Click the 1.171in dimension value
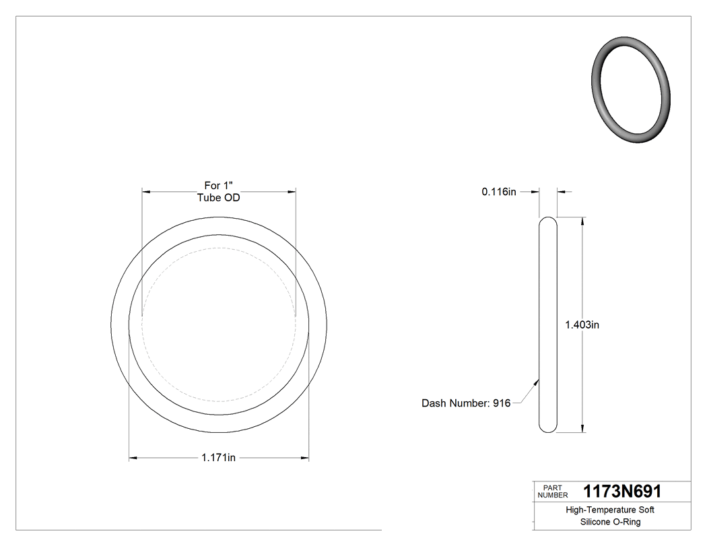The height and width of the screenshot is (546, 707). (x=218, y=458)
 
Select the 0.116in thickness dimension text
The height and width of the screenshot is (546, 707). (x=499, y=192)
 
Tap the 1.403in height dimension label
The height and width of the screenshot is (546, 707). (x=582, y=325)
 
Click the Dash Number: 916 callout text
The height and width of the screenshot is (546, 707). (x=466, y=403)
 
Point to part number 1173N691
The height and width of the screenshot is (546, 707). (x=622, y=491)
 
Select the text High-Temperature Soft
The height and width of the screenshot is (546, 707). (x=610, y=510)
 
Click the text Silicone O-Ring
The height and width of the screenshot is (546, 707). (x=610, y=522)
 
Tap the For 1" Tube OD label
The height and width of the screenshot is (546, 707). (x=218, y=191)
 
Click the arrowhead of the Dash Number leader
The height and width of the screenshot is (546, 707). (x=537, y=381)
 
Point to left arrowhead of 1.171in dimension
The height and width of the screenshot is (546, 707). (x=133, y=458)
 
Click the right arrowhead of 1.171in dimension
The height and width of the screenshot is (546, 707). (x=305, y=458)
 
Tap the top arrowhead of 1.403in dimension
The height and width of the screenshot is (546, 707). (x=582, y=220)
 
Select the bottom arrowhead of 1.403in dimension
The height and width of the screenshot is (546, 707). (x=582, y=428)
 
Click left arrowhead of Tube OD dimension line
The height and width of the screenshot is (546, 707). (x=145, y=192)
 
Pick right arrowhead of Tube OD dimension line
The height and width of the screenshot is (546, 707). (x=292, y=192)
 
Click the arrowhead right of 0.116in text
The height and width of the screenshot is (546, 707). (x=536, y=192)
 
